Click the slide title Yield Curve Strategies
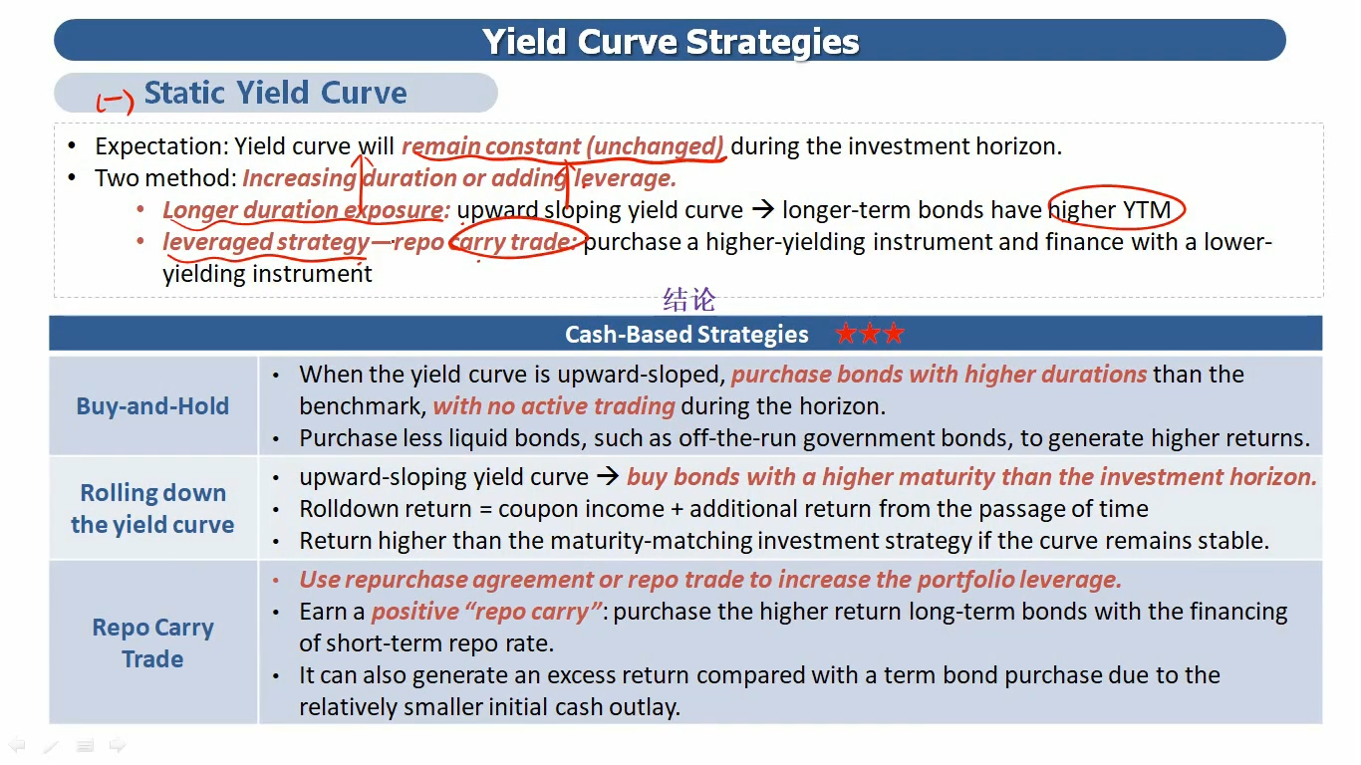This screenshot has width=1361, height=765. click(x=671, y=41)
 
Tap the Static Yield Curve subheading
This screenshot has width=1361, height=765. click(x=275, y=93)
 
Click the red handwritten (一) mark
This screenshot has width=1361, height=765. click(x=115, y=101)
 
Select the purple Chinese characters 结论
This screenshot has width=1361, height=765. click(x=689, y=300)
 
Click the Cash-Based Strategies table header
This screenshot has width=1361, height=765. click(x=686, y=335)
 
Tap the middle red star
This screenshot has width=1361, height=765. click(x=870, y=334)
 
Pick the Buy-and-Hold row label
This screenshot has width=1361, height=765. click(x=152, y=405)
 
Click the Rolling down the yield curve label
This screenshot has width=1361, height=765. click(x=152, y=509)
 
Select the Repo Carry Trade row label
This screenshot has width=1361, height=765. click(x=152, y=642)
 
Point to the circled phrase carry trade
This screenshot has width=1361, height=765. click(x=516, y=242)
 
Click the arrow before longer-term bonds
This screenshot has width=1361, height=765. click(x=763, y=209)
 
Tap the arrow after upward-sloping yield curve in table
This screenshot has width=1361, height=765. click(x=608, y=476)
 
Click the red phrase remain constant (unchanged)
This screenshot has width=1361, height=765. click(x=563, y=146)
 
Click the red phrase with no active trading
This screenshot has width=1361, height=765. click(x=554, y=405)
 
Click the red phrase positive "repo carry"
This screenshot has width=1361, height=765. click(x=486, y=612)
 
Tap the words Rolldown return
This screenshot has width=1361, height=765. click(x=386, y=509)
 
